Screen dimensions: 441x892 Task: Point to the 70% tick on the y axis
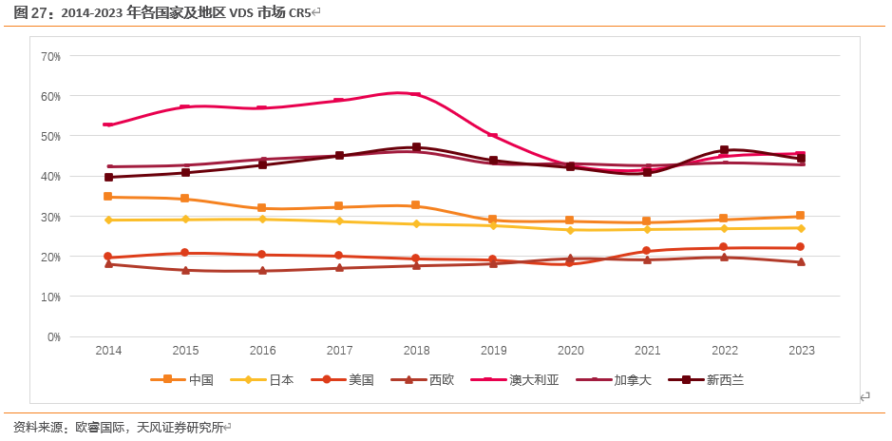[51, 56]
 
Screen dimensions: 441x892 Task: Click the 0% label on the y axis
[54, 336]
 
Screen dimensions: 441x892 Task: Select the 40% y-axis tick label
[51, 176]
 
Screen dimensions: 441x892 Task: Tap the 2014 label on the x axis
[108, 351]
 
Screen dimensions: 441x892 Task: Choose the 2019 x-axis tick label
[493, 351]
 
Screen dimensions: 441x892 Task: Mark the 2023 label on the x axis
[801, 351]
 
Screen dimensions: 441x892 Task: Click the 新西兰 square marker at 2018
[416, 147]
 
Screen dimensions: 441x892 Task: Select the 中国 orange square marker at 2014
[108, 197]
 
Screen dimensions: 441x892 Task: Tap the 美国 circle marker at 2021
[647, 251]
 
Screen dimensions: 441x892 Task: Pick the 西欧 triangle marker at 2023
[801, 262]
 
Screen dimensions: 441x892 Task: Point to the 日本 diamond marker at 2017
[339, 221]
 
